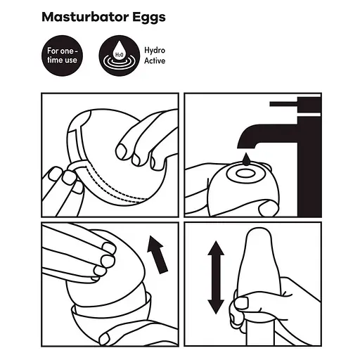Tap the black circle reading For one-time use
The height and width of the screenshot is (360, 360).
click(x=63, y=56)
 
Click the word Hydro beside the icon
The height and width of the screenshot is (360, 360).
click(x=155, y=50)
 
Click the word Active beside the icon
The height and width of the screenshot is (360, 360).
click(x=155, y=61)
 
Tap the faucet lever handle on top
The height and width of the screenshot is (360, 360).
click(x=288, y=105)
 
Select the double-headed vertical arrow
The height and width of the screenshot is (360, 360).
click(x=216, y=278)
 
